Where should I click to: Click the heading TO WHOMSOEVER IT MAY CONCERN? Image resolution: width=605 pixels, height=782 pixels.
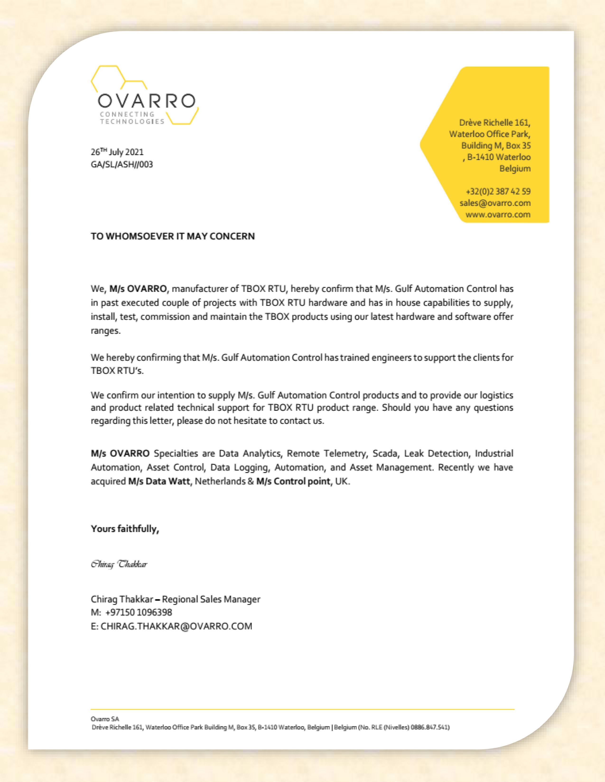[172, 236]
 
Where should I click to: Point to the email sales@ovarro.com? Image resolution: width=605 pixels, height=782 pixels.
[495, 203]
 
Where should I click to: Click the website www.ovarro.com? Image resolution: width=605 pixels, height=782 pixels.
[498, 215]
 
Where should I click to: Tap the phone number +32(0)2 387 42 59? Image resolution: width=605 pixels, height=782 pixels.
[498, 191]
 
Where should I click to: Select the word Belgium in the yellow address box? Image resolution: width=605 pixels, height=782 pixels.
[515, 169]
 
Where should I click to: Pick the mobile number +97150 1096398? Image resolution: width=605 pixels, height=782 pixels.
[138, 612]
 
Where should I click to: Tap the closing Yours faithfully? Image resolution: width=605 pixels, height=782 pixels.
[125, 529]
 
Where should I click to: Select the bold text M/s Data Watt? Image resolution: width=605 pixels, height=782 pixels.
[159, 481]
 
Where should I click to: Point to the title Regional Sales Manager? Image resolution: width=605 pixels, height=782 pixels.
[211, 599]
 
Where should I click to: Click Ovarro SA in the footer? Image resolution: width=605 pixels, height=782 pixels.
[105, 719]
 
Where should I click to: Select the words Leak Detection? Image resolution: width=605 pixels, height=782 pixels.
[436, 454]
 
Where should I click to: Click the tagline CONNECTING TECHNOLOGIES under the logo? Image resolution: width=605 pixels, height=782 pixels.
[131, 118]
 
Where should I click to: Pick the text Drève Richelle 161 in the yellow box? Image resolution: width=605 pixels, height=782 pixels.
[494, 123]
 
